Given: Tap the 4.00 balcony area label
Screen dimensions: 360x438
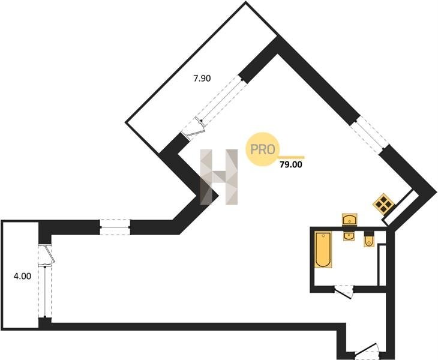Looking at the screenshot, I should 22,277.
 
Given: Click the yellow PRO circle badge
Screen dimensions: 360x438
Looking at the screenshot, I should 262,149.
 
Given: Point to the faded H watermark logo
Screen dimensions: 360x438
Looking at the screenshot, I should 219,176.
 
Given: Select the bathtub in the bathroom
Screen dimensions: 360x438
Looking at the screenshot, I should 322,250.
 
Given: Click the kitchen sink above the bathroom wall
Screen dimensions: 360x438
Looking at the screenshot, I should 349,220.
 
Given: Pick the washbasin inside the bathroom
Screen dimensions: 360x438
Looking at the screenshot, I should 349,236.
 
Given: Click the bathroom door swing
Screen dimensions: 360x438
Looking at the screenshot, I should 344,292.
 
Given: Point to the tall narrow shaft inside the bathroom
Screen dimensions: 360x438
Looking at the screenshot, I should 381,265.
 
